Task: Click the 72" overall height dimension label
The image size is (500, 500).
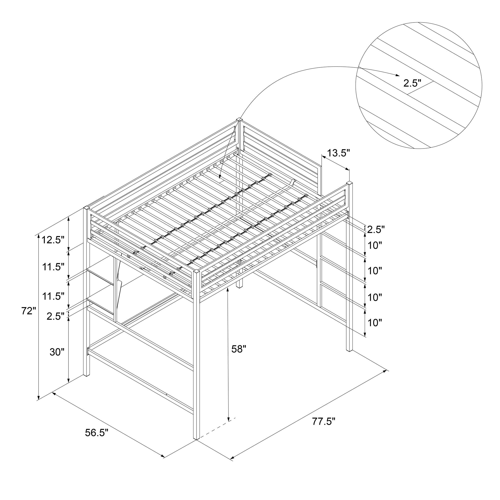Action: pos(28,311)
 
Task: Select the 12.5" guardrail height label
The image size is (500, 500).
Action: pos(53,240)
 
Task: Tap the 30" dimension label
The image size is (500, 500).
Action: pos(57,352)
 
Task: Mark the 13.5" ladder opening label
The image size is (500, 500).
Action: pos(338,153)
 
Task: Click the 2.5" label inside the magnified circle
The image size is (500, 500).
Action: pos(412,83)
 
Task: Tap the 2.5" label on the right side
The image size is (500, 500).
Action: pos(376,229)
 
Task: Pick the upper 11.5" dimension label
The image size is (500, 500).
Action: pos(53,266)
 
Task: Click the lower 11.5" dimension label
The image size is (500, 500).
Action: pos(53,296)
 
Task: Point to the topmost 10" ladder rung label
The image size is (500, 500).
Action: pos(375,245)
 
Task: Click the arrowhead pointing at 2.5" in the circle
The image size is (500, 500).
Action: pos(397,75)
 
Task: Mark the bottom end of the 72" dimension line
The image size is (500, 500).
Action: pos(38,400)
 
